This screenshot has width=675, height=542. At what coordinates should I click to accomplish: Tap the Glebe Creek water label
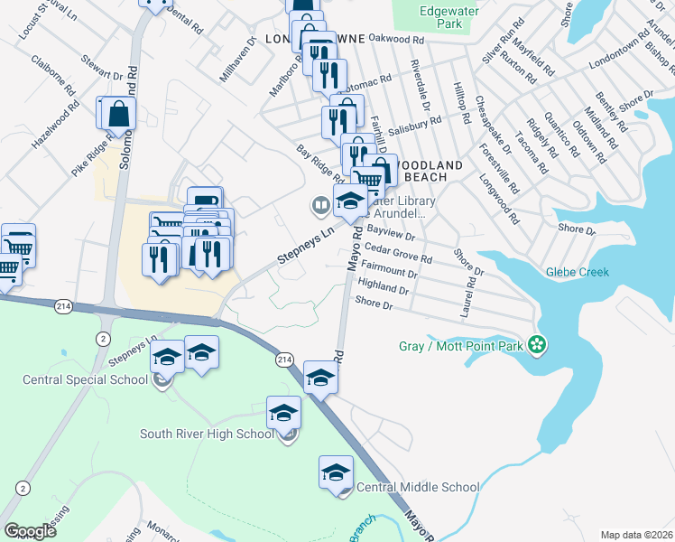tap(577, 272)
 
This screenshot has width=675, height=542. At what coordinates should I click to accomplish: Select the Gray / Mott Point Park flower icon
tap(538, 344)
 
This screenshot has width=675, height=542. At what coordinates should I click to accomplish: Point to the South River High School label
tap(207, 434)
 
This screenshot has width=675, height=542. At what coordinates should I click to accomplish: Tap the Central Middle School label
tap(418, 487)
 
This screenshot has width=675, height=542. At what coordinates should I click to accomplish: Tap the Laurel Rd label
tap(469, 295)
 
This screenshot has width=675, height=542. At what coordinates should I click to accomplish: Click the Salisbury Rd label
tap(417, 121)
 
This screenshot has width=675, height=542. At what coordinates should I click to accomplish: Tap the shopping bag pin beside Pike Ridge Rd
tap(117, 114)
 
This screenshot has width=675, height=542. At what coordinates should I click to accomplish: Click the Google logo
tap(30, 531)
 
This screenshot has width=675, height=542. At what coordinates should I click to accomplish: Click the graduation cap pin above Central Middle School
tap(336, 472)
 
